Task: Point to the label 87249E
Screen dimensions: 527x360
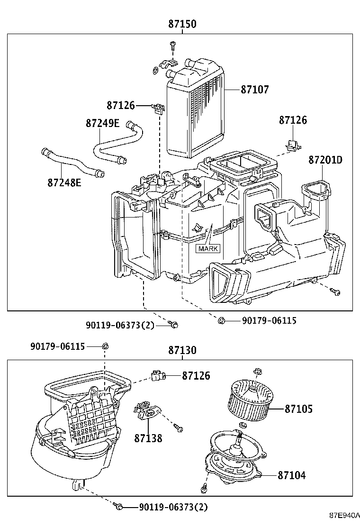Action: pyautogui.click(x=102, y=123)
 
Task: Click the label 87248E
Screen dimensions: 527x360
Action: pyautogui.click(x=63, y=182)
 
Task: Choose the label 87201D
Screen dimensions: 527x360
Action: pyautogui.click(x=325, y=160)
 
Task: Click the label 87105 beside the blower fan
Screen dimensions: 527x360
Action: pyautogui.click(x=298, y=409)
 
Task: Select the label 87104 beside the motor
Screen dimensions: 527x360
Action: pyautogui.click(x=291, y=475)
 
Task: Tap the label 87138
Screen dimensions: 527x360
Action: pyautogui.click(x=148, y=438)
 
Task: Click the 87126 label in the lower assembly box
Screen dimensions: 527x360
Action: pyautogui.click(x=196, y=375)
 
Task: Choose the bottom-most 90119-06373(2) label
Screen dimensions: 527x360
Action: pyautogui.click(x=173, y=507)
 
